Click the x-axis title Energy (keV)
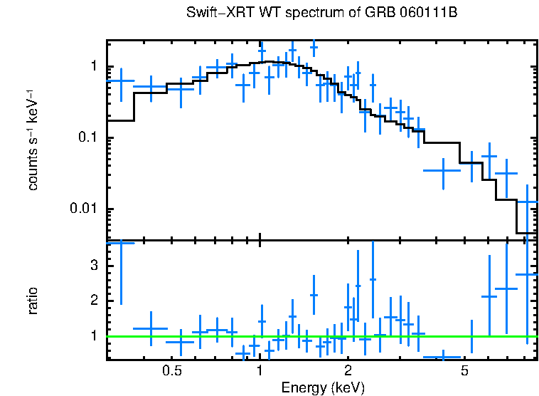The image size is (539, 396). click(323, 387)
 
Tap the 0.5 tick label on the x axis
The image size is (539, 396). click(171, 371)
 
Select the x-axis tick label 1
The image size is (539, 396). click(260, 371)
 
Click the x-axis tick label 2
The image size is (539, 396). click(348, 371)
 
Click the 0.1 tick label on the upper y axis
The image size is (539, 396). click(87, 137)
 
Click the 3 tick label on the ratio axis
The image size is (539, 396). click(92, 266)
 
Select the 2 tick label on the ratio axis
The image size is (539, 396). click(92, 301)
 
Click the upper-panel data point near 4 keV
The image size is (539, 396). click(444, 170)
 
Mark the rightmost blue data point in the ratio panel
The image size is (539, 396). click(527, 274)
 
